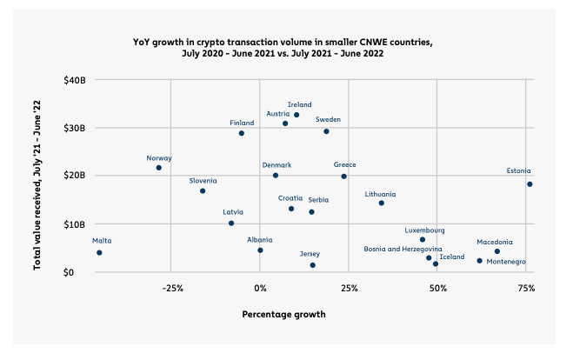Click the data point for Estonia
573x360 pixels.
530,184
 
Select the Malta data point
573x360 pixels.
99,253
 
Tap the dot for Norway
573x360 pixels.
159,168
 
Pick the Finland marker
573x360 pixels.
242,133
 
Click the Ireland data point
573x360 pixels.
296,115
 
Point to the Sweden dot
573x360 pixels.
326,131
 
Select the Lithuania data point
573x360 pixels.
381,203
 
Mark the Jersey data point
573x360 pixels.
313,265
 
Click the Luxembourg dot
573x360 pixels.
423,240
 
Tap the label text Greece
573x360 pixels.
345,164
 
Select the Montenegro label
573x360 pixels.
505,262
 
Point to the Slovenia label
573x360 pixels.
203,181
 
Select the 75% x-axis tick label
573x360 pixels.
525,287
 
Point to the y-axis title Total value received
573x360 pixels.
38,175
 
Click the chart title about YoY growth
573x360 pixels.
283,47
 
